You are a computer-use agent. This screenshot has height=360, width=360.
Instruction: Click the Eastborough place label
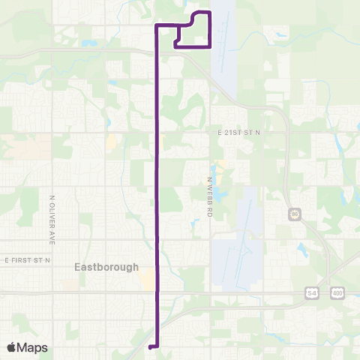pyautogui.click(x=106, y=267)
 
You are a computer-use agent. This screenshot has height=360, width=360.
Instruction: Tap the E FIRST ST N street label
pyautogui.click(x=26, y=259)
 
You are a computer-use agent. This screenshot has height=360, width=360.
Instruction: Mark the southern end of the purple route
pyautogui.click(x=151, y=346)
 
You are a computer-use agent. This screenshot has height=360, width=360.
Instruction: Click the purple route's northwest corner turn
pyautogui.click(x=156, y=26)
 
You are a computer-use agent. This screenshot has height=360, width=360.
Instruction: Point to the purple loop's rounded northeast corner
pyautogui.click(x=208, y=13)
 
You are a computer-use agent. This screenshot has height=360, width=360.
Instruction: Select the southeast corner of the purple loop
pyautogui.click(x=210, y=46)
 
